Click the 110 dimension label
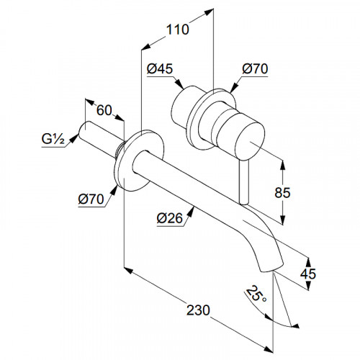(177, 30)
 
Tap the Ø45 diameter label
(160, 68)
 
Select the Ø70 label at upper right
(255, 68)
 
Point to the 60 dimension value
(104, 110)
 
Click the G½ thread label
(53, 139)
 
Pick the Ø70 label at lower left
(91, 199)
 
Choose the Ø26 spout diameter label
(170, 218)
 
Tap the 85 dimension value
(282, 192)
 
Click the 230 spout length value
(198, 310)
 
